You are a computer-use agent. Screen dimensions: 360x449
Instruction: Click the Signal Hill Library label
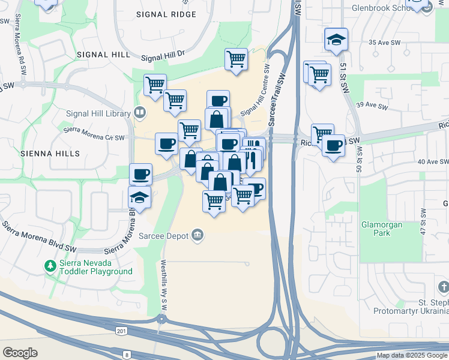[98, 113]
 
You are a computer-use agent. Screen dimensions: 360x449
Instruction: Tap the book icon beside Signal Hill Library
[140, 112]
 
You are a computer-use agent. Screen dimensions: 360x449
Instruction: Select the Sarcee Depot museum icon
[197, 234]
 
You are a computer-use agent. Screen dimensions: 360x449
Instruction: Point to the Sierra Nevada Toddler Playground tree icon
[52, 265]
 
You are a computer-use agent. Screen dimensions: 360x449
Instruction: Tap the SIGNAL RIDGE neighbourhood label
[166, 14]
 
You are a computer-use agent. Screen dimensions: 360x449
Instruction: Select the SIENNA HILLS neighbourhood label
[50, 154]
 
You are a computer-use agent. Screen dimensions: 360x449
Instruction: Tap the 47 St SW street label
[423, 222]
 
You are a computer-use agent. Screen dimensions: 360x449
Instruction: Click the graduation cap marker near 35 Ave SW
[336, 40]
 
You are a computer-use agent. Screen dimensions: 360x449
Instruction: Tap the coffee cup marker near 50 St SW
[333, 145]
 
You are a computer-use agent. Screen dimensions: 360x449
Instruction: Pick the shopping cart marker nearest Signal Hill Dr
[237, 59]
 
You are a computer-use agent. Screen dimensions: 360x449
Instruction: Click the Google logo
[20, 353]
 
